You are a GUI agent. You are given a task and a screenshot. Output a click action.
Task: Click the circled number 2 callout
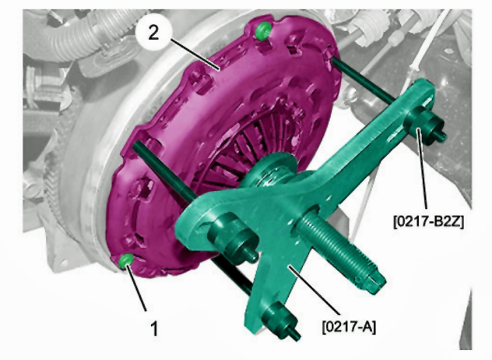pyautogui.click(x=153, y=33)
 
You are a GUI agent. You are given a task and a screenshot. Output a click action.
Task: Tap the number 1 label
pyautogui.click(x=154, y=328)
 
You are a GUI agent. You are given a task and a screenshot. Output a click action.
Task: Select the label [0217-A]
pyautogui.click(x=349, y=326)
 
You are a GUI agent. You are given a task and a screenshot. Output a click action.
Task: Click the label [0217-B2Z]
pyautogui.click(x=428, y=221)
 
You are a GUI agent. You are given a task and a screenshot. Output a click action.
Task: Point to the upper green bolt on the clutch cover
pyautogui.click(x=263, y=30)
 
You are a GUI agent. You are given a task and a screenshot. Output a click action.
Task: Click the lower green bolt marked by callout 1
pyautogui.click(x=126, y=261)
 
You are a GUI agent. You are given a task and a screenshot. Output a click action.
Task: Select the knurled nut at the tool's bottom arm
pyautogui.click(x=280, y=320)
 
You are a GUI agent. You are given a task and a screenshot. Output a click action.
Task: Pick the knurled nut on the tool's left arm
pyautogui.click(x=233, y=238)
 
